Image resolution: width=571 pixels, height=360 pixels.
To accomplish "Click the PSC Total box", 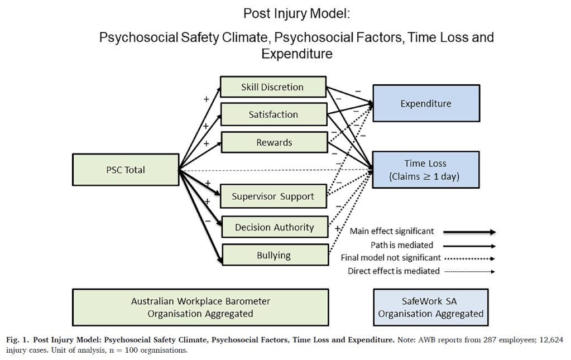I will point(126,170).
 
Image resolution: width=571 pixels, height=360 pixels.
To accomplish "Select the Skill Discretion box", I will point(272,87).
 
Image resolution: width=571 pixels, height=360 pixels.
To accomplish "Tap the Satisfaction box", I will point(273,114).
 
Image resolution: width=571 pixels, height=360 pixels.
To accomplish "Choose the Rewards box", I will point(273,142).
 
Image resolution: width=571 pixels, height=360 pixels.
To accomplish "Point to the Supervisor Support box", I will point(272,196).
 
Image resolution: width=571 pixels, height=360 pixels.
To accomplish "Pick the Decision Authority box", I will point(274,227).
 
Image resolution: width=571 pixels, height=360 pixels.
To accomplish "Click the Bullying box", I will point(273,255).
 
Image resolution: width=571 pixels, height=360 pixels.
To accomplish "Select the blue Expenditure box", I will point(426,103).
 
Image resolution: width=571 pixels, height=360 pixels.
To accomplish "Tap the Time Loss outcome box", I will point(426,169).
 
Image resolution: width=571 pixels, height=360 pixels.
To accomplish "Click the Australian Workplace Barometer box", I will point(200,307).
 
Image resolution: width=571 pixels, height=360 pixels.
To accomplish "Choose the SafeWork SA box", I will point(430,307).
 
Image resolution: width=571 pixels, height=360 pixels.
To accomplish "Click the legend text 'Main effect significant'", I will point(391,231).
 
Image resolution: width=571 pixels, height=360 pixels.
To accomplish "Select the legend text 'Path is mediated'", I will point(402,244).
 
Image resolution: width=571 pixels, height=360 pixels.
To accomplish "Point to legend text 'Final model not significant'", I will point(391,258).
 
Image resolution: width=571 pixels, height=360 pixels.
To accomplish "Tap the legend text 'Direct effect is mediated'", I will point(394,271).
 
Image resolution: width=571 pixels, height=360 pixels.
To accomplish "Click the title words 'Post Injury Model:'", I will point(296,13).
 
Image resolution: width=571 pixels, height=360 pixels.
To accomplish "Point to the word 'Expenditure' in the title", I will point(296,54).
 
